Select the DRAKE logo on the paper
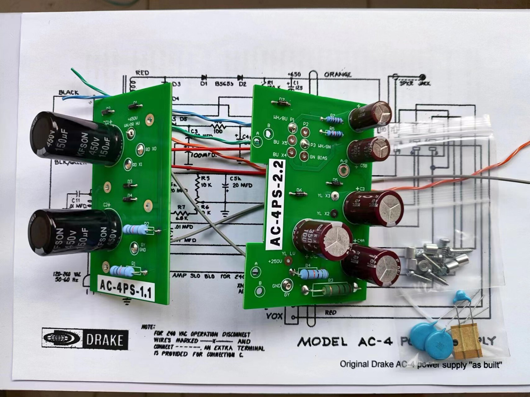[x=85, y=339]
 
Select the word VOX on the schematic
[x=275, y=316]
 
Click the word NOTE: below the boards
[x=148, y=326]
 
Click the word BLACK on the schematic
[x=69, y=92]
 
